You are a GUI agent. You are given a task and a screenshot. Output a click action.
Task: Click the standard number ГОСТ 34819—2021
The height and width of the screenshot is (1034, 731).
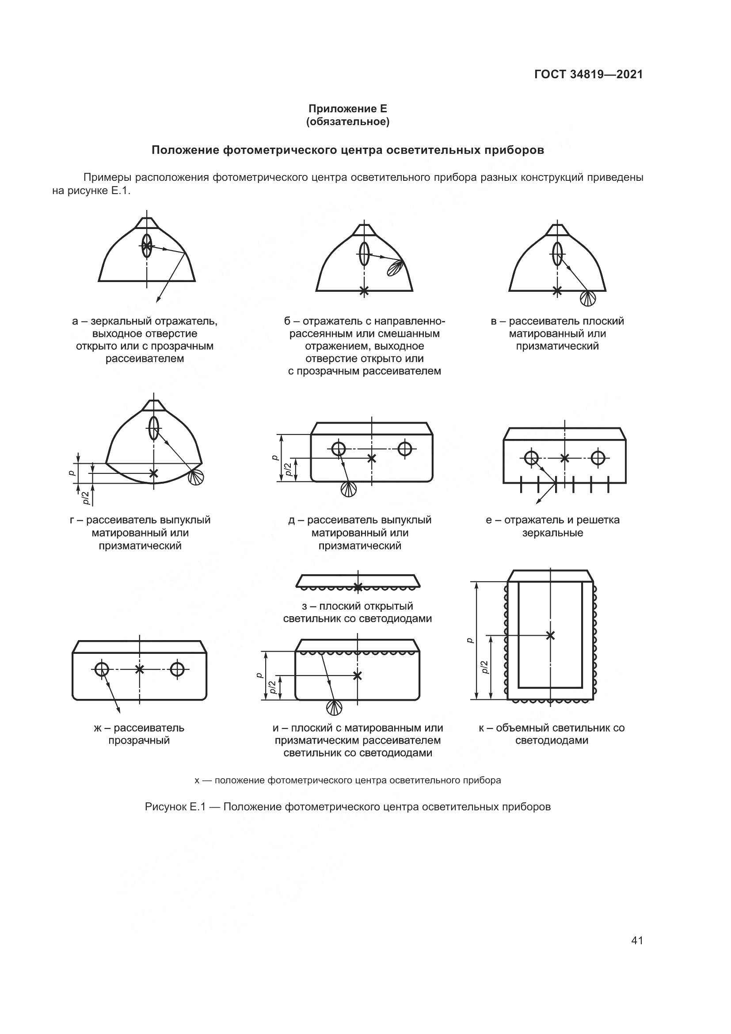coord(588,74)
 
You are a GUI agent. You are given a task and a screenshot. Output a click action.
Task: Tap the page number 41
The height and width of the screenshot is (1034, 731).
coord(637,940)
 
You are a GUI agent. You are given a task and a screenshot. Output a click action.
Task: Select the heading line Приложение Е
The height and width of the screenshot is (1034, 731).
coord(347,109)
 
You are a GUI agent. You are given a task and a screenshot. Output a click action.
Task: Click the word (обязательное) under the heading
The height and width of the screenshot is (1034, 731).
coord(347,122)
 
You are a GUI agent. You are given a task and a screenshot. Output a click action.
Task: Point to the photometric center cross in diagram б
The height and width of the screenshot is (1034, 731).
coord(364,291)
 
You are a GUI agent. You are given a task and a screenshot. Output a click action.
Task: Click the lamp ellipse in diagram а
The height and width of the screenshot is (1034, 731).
coord(147,246)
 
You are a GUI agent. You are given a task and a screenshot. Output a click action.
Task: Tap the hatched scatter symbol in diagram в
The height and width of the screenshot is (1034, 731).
coord(588,298)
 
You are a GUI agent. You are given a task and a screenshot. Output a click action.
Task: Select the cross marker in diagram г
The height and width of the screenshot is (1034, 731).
coord(154,473)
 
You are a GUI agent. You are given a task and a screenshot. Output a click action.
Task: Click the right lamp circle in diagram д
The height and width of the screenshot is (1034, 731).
coord(405,449)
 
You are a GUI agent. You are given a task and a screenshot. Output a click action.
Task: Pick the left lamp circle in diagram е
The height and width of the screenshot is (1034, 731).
coord(532,458)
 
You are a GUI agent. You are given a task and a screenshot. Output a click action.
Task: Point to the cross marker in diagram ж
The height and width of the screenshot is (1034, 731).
coord(140,669)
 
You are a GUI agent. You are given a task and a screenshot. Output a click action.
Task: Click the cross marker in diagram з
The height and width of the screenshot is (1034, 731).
coord(358,587)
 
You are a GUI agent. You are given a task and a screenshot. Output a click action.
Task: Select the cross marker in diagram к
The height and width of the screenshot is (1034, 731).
coord(550,635)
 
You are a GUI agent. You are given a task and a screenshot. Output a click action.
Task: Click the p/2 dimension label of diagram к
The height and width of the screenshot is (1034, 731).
coord(484,668)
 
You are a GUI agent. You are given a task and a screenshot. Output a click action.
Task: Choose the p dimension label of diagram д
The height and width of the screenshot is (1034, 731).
coord(275,458)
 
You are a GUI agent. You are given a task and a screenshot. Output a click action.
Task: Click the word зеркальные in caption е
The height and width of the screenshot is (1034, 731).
coord(552,533)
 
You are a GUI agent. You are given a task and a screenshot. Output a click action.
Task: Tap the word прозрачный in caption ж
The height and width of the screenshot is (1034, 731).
coord(139,741)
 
